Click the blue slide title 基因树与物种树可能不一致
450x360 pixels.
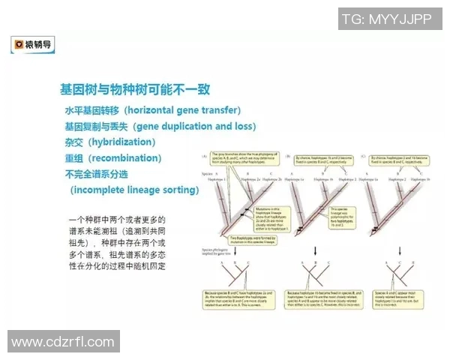[x=135, y=89]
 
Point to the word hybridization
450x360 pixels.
[x=121, y=142]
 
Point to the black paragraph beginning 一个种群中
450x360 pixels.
[x=117, y=243]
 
